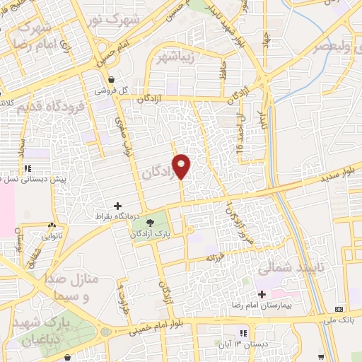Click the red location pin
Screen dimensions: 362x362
tap(182, 165)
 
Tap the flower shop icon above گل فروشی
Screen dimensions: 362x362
tap(111, 81)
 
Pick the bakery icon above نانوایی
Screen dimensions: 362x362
tap(51, 226)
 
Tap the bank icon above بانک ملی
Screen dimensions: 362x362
tap(339, 309)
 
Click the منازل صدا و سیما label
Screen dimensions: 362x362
tap(72, 287)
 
